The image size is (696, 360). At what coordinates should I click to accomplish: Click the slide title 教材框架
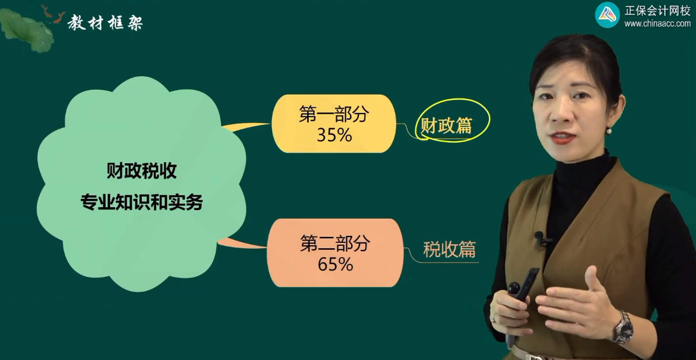[105, 22]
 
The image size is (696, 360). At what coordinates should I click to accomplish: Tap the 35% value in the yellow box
[334, 135]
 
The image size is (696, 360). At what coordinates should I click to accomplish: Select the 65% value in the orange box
[335, 264]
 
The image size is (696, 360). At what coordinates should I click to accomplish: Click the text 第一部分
[334, 115]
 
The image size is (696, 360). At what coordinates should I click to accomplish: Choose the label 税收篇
[449, 250]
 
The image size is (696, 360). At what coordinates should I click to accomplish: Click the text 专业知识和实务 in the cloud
[141, 202]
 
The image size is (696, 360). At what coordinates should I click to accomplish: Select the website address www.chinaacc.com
[657, 24]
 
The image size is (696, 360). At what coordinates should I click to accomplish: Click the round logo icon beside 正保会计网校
[607, 15]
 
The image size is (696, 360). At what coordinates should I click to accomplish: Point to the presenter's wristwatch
[623, 327]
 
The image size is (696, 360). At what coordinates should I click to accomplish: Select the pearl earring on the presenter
[608, 131]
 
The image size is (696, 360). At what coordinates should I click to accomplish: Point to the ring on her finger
[493, 318]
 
